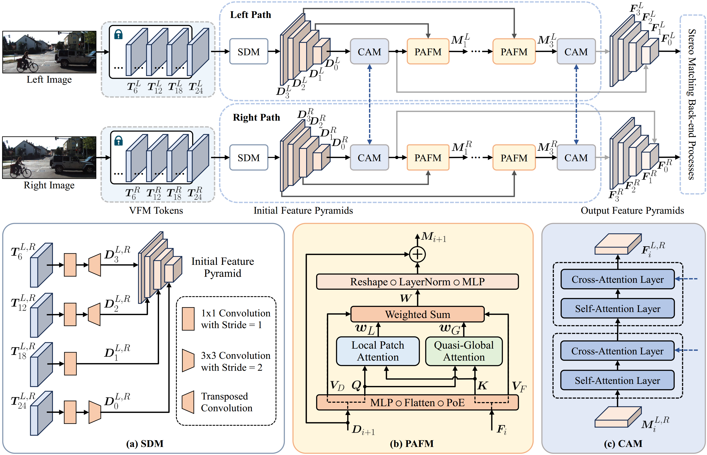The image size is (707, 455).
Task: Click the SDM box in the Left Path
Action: [249, 51]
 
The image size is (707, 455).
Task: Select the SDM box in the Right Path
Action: [249, 157]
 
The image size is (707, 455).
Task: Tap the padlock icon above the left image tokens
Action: [118, 34]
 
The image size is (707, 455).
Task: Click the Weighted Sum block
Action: [417, 314]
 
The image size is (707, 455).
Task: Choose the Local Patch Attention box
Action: [378, 351]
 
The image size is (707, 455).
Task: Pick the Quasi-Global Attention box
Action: [464, 351]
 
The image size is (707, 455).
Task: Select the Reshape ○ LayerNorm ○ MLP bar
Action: [417, 282]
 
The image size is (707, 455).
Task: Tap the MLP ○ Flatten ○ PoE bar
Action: [417, 402]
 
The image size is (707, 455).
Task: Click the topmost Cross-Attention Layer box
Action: [617, 279]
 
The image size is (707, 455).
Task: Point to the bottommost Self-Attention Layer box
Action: [617, 380]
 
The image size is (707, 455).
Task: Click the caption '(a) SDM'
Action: [145, 443]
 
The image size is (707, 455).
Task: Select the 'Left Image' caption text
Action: [49, 79]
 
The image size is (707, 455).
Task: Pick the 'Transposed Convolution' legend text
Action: [227, 402]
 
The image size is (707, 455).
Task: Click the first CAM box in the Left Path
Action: [369, 51]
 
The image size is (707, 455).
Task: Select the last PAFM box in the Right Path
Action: [514, 157]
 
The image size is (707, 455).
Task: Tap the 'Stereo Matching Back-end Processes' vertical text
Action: [692, 104]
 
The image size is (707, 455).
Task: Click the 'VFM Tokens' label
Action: [156, 210]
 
